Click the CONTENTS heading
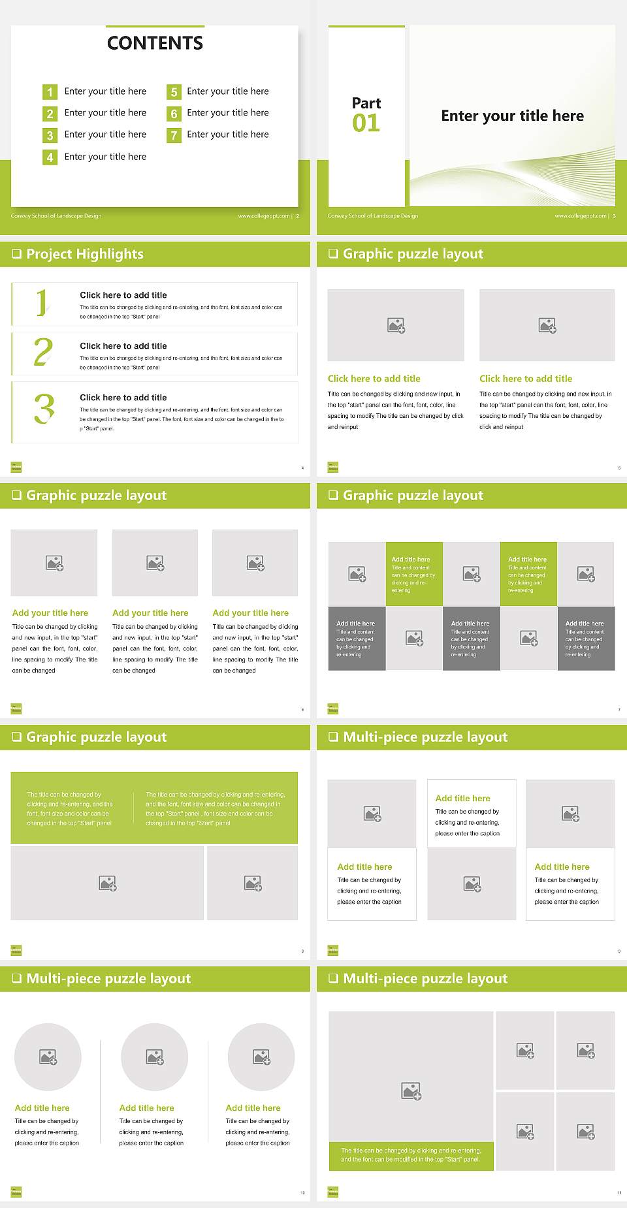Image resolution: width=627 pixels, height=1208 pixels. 155,43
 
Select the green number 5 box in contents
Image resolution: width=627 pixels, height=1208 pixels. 174,92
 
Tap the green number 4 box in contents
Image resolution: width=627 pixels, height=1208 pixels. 50,157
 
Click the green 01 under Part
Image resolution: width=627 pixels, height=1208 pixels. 366,123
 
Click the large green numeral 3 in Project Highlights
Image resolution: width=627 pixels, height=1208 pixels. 44,409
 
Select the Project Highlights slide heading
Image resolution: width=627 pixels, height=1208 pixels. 84,254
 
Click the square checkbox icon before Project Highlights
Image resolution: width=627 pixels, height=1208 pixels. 16,254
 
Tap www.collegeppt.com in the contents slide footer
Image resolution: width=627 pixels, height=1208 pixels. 263,216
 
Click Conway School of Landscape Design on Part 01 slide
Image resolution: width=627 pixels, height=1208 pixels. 373,216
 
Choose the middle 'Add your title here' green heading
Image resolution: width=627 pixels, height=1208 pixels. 150,613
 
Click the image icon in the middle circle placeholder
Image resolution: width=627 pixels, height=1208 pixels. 155,1057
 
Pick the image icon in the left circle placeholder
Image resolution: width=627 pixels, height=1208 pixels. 48,1057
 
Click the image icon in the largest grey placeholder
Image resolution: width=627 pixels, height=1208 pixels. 411,1090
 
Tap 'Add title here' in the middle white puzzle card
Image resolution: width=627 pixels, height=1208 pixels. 462,798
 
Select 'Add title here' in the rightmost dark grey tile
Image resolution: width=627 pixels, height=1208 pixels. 585,624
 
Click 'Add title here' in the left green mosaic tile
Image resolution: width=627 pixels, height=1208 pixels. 411,560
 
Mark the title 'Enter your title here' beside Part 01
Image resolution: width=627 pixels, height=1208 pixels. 512,116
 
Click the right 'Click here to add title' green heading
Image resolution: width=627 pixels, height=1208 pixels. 526,379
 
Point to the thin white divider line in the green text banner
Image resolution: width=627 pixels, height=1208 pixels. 134,808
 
